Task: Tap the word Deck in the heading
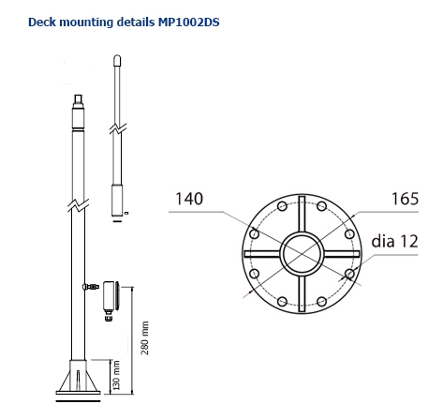[x=43, y=19]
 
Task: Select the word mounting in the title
[x=87, y=19]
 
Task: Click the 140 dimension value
[x=188, y=199]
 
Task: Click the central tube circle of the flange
[x=302, y=254]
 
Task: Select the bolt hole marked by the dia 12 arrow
[x=348, y=274]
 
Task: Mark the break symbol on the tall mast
[x=79, y=202]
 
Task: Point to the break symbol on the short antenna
[x=115, y=127]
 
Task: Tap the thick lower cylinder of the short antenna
[x=117, y=198]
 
